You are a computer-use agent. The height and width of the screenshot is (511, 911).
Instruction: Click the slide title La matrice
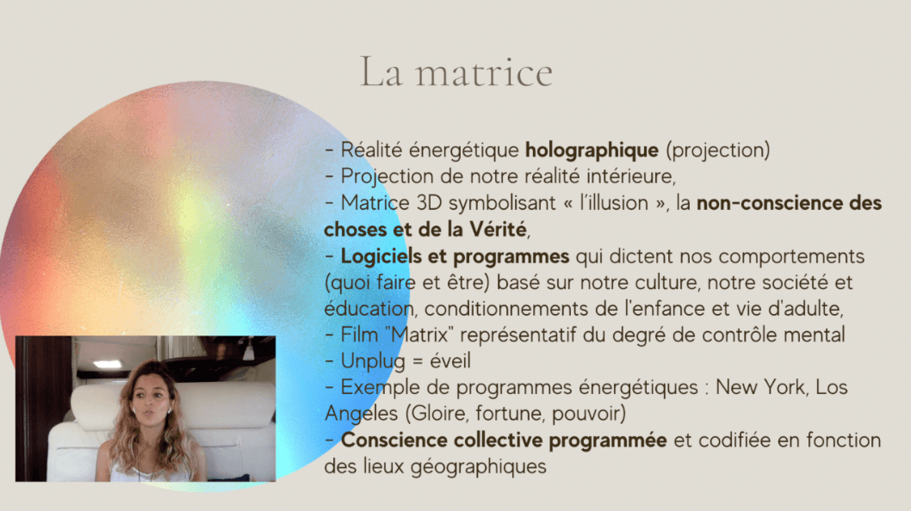click(x=456, y=72)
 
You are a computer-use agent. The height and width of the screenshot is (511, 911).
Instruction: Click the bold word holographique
click(x=592, y=151)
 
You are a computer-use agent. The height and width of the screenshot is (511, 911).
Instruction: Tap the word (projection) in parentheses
click(x=717, y=151)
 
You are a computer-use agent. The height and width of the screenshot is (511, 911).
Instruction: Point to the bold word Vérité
click(x=498, y=230)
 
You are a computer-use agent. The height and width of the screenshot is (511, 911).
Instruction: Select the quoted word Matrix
click(x=423, y=335)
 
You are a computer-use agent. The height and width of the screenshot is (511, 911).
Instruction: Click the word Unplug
click(x=373, y=361)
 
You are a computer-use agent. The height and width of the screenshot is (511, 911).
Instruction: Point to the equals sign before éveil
click(x=417, y=362)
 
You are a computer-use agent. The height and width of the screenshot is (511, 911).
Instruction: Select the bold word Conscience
click(x=394, y=440)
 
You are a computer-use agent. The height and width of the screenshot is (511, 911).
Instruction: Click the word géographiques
click(x=479, y=467)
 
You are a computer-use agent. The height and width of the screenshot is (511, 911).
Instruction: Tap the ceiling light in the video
click(x=107, y=364)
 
